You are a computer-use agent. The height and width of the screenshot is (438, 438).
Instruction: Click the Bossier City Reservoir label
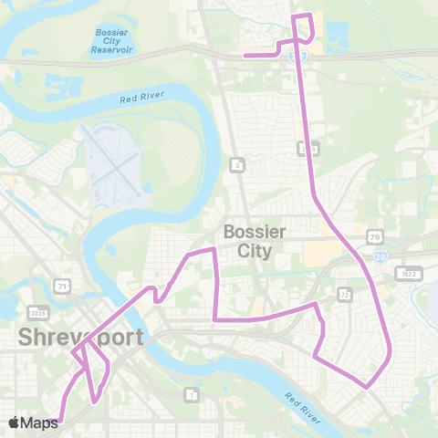point(112,41)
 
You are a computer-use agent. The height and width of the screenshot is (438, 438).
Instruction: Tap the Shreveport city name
point(80,338)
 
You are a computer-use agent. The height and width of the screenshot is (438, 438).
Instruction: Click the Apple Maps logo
point(33,422)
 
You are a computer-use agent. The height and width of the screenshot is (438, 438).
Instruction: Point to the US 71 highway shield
point(62,287)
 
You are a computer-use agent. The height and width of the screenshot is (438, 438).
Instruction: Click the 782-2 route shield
point(408,273)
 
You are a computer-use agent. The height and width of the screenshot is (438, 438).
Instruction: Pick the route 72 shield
point(344,295)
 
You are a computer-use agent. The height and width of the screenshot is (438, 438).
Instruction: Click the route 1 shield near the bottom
point(191,394)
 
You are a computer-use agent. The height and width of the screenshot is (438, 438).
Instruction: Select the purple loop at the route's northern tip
point(303,27)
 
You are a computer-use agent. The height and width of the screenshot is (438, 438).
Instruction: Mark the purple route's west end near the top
point(244,55)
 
